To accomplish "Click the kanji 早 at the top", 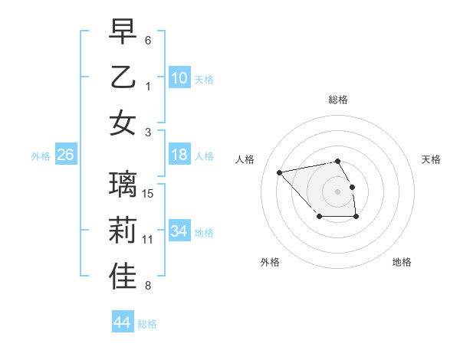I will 123,31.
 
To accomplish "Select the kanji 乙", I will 123,77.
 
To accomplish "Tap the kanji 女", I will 123,123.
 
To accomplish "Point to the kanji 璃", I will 123,185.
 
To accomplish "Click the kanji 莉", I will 123,231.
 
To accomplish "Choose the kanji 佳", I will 123,277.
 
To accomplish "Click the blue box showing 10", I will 179,78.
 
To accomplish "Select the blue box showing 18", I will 179,155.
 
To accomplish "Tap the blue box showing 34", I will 179,231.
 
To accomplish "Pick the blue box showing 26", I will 66,155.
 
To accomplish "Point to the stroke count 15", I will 149,193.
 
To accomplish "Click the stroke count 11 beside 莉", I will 149,240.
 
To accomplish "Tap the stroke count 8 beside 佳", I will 148,286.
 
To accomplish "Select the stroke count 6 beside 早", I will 148,40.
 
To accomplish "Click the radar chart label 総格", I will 337,100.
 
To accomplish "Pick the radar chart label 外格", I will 270,262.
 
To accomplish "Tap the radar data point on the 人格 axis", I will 279,172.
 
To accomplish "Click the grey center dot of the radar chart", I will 337,191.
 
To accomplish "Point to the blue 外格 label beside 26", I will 41,156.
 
